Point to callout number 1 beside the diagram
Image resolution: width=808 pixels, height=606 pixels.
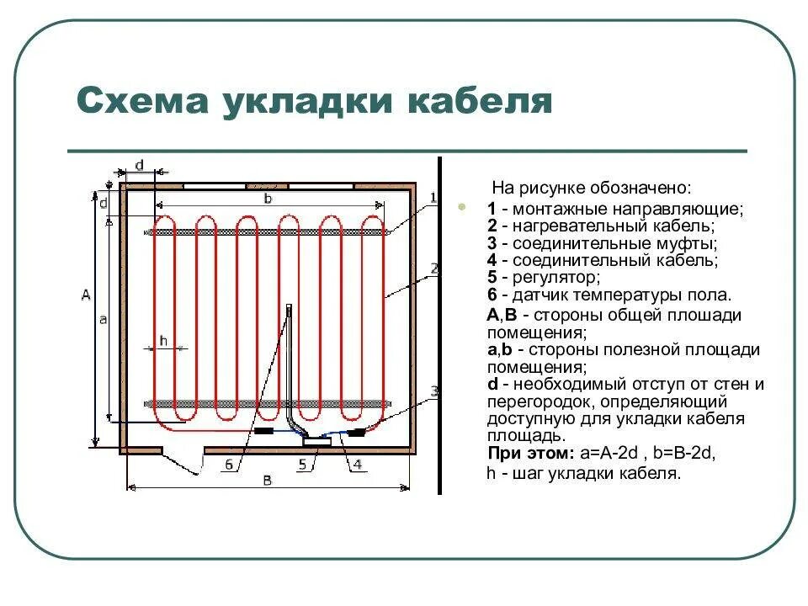click(x=433, y=198)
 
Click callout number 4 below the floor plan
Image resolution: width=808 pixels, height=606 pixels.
click(x=357, y=464)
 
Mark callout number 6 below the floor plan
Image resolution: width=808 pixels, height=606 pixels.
click(x=230, y=464)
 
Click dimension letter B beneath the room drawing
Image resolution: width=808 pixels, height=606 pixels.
click(x=268, y=481)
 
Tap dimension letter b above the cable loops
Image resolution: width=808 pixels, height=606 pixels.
click(x=268, y=199)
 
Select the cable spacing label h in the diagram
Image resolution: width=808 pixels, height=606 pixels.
click(x=163, y=340)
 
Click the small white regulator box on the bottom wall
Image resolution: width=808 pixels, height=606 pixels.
click(x=317, y=440)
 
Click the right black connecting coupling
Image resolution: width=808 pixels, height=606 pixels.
click(x=356, y=432)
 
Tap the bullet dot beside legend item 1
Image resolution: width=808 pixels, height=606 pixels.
click(x=460, y=206)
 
